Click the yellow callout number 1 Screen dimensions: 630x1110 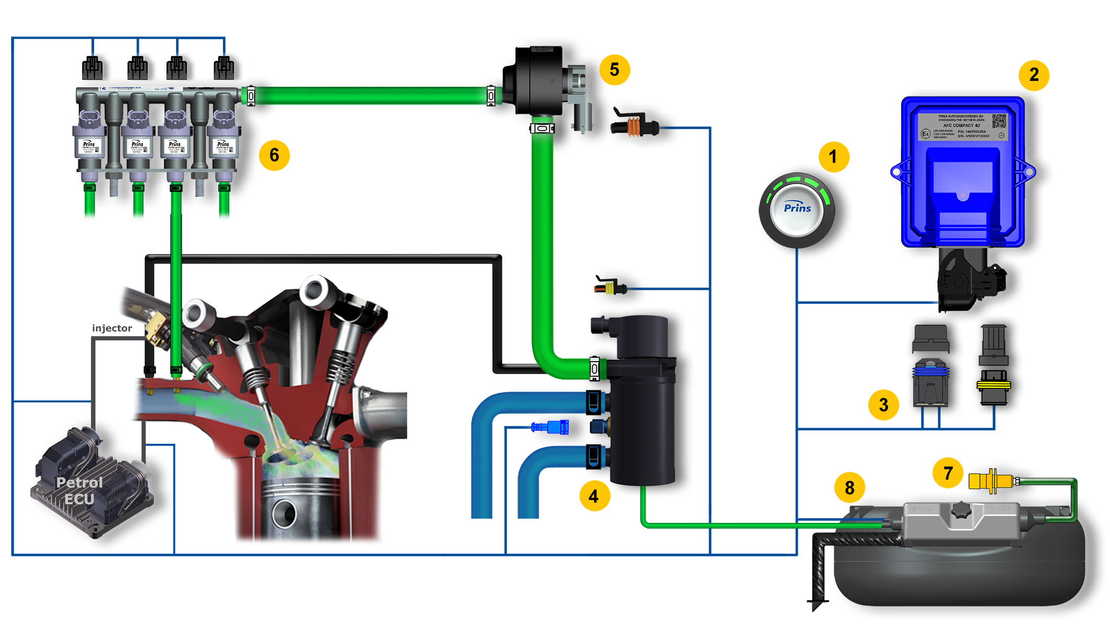click(x=833, y=157)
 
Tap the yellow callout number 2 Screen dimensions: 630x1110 click(x=1034, y=75)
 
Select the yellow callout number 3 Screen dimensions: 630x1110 click(x=883, y=405)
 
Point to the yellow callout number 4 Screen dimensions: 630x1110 click(x=594, y=496)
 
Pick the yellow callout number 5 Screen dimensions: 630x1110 click(x=615, y=69)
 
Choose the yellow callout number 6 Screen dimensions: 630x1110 click(x=274, y=155)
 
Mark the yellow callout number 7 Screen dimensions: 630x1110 click(x=948, y=473)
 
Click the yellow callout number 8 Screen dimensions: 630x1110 click(x=850, y=488)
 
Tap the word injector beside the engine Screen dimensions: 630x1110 click(x=112, y=328)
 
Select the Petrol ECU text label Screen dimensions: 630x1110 click(x=79, y=491)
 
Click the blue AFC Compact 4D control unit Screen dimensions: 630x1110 click(x=962, y=172)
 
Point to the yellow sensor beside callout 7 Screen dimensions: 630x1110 click(x=989, y=481)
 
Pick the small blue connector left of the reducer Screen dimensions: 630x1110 click(x=550, y=427)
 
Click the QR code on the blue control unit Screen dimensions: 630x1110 click(x=998, y=121)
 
